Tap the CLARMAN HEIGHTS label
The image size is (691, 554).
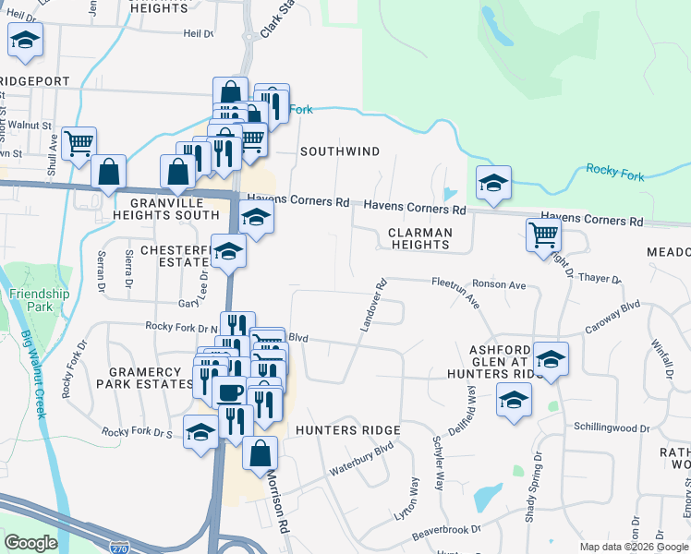point(419,238)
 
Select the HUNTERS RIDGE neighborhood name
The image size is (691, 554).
point(347,430)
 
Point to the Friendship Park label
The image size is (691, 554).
point(40,300)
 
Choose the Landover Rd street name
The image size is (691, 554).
point(370,305)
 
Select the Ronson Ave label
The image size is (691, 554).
point(499,285)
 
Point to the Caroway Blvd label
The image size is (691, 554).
point(612,318)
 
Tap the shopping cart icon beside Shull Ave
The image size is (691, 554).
point(79,141)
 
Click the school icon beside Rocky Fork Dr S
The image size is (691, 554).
point(200,432)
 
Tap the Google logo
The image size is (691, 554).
point(30,543)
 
